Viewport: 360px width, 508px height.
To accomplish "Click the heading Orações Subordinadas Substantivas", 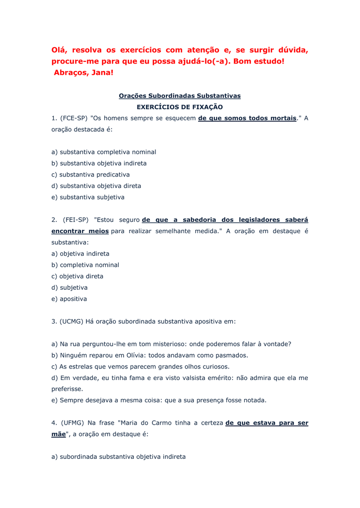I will (179, 95).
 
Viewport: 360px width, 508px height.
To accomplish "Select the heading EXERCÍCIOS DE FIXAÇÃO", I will (179, 107).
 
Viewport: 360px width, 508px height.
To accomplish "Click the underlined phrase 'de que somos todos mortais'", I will (247, 118).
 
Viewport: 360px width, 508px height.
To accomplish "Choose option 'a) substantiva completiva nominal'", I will (104, 152).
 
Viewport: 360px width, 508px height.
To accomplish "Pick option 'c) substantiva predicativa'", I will (90, 175).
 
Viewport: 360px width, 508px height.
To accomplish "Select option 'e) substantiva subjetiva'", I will (88, 197).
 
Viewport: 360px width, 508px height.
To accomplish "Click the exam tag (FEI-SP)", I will (75, 220).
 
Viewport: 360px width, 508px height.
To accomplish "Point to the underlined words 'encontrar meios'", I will (80, 231).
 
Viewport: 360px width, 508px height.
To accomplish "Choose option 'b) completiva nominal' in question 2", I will (85, 265).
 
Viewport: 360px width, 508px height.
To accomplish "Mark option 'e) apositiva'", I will (69, 299).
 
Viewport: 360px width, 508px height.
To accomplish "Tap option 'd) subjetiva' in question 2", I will (70, 287).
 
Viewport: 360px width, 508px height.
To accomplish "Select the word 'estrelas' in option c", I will (81, 367).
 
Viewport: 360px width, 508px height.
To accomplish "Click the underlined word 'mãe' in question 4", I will (59, 434).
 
